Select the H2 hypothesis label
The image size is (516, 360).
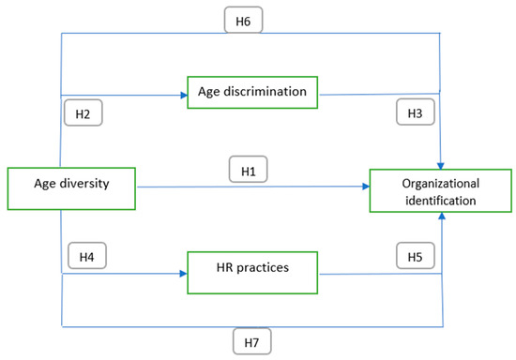pyautogui.click(x=82, y=113)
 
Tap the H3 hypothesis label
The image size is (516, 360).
pyautogui.click(x=414, y=113)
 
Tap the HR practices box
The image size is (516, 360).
pyautogui.click(x=249, y=267)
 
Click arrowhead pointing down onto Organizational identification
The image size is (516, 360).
pyautogui.click(x=440, y=165)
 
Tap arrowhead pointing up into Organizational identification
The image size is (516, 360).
pyautogui.click(x=440, y=217)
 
